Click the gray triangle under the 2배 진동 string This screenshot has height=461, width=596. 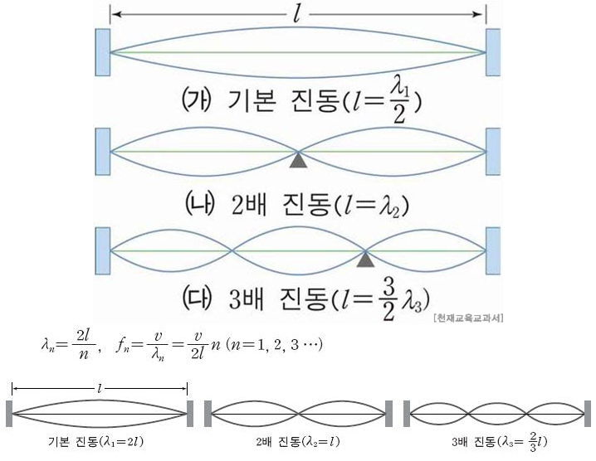298,159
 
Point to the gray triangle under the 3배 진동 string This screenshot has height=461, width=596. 364,260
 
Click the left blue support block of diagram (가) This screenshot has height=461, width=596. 103,52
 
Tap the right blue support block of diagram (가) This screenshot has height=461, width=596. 493,52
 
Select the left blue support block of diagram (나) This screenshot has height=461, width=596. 103,152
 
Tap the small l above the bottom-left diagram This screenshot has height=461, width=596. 100,387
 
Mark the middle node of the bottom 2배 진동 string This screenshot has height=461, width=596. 299,413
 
